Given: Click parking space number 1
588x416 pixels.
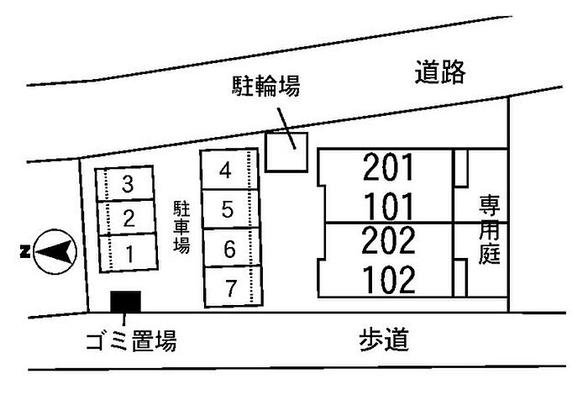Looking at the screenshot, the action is click(129, 253).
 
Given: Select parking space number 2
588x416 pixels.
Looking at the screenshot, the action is click(126, 218).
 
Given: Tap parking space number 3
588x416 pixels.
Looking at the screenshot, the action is click(125, 184).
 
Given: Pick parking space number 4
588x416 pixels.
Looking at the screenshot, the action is click(229, 170).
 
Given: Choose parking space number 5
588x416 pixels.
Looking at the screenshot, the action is click(231, 209).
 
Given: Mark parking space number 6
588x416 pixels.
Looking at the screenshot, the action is click(232, 248).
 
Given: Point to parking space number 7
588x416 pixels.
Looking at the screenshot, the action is click(234, 287).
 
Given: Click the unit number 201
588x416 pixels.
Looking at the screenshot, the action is click(388, 167).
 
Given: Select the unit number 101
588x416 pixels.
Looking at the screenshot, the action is click(389, 206).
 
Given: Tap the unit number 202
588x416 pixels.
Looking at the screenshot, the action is click(388, 240).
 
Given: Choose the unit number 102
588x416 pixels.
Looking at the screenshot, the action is click(390, 280).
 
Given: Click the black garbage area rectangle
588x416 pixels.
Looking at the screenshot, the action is click(126, 302).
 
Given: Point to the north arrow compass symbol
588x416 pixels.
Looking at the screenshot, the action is click(55, 251).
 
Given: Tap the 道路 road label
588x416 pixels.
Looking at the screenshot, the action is click(440, 71).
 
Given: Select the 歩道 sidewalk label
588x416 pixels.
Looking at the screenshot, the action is click(384, 340).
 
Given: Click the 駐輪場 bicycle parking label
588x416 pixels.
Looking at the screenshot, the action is click(266, 86).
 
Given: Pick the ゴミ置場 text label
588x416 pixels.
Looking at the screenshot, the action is click(131, 340).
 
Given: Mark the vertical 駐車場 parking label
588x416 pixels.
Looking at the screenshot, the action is click(181, 227).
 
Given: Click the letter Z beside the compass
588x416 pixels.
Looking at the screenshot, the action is click(25, 251).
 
